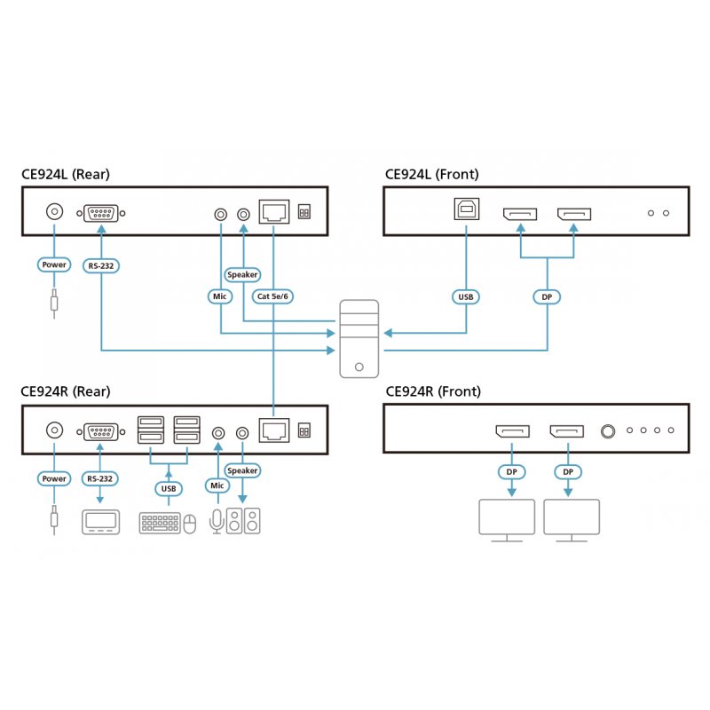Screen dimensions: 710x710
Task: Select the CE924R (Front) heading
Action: coord(432,391)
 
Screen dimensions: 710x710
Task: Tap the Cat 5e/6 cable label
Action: coord(273,296)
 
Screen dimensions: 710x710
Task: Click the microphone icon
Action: coord(216,522)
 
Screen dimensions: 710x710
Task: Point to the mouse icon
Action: coord(189,525)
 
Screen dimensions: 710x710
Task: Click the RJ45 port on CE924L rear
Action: coord(272,212)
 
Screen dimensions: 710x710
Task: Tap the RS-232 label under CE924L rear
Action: coord(102,264)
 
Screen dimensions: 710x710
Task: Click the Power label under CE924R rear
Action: coord(54,479)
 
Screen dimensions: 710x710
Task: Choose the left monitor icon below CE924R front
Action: coord(507,519)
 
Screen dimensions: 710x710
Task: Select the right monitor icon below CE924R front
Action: coord(572,519)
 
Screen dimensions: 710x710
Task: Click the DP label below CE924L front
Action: coord(547,296)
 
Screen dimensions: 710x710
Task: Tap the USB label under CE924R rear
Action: coord(167,487)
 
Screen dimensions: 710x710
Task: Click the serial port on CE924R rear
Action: coord(102,431)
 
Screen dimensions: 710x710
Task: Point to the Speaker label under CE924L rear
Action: coord(242,274)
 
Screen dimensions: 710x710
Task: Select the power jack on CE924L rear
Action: coord(54,212)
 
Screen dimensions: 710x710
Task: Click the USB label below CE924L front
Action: coord(466,296)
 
